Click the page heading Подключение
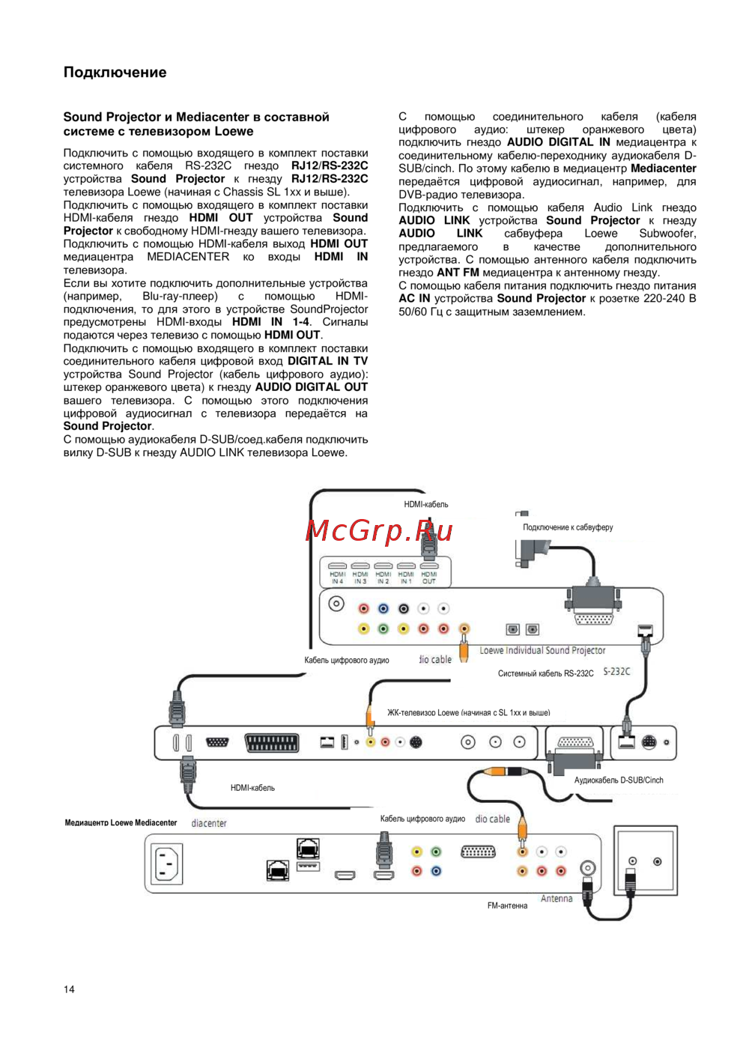(x=115, y=73)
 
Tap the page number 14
(x=69, y=989)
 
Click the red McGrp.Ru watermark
(x=379, y=530)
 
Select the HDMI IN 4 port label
(x=337, y=577)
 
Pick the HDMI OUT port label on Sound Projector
(x=428, y=577)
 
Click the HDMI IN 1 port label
(x=405, y=577)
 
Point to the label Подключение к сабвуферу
(x=567, y=527)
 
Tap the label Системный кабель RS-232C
(x=545, y=673)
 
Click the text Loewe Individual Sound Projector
(x=542, y=650)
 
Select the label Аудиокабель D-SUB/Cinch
(x=618, y=780)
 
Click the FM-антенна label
(x=507, y=905)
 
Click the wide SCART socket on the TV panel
(x=272, y=742)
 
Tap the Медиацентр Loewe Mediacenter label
(x=121, y=823)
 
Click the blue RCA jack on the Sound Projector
(x=383, y=609)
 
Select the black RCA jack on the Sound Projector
(x=404, y=609)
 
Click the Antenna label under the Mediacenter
(x=557, y=899)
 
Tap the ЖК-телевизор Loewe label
(x=468, y=713)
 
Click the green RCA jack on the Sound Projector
(x=383, y=628)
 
